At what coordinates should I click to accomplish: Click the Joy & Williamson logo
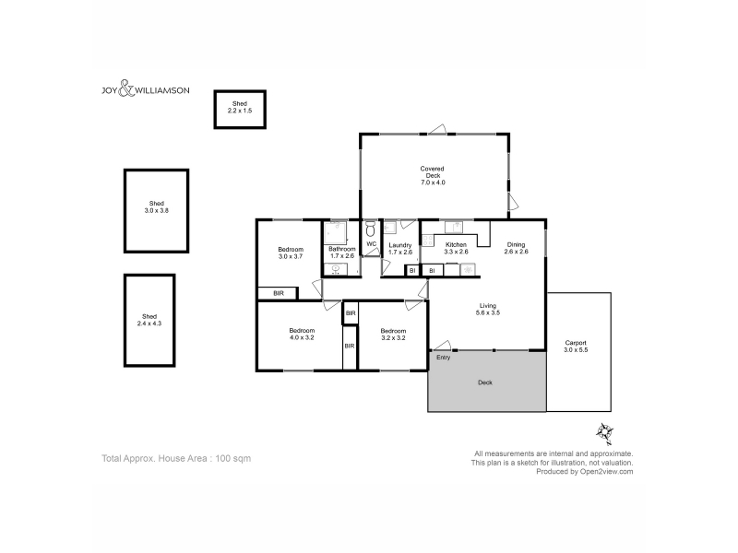(x=146, y=88)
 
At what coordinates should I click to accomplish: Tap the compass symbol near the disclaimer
(x=605, y=432)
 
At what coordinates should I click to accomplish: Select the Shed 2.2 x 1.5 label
(x=240, y=107)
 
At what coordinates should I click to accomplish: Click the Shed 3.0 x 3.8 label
(x=156, y=206)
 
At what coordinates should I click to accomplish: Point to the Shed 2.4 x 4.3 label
(x=149, y=320)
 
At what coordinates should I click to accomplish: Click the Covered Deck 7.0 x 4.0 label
(x=433, y=175)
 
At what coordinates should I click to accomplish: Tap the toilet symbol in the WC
(x=371, y=229)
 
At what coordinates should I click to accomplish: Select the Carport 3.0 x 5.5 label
(x=576, y=347)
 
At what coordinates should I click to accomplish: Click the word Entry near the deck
(x=444, y=358)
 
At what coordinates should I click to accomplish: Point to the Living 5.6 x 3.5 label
(x=488, y=309)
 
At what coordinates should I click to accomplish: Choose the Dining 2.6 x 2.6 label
(x=516, y=248)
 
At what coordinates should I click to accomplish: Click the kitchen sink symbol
(x=454, y=227)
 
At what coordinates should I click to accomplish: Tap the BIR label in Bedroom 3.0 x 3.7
(x=279, y=293)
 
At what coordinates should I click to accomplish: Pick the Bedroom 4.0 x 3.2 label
(x=302, y=334)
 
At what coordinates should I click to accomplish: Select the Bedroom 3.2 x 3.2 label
(x=393, y=335)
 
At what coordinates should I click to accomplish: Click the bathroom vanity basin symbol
(x=336, y=269)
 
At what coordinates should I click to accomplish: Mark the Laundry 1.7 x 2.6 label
(x=400, y=248)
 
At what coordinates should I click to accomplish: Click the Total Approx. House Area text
(x=176, y=458)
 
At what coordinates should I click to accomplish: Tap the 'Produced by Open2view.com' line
(x=585, y=472)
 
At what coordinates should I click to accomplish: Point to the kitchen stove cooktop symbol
(x=427, y=241)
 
